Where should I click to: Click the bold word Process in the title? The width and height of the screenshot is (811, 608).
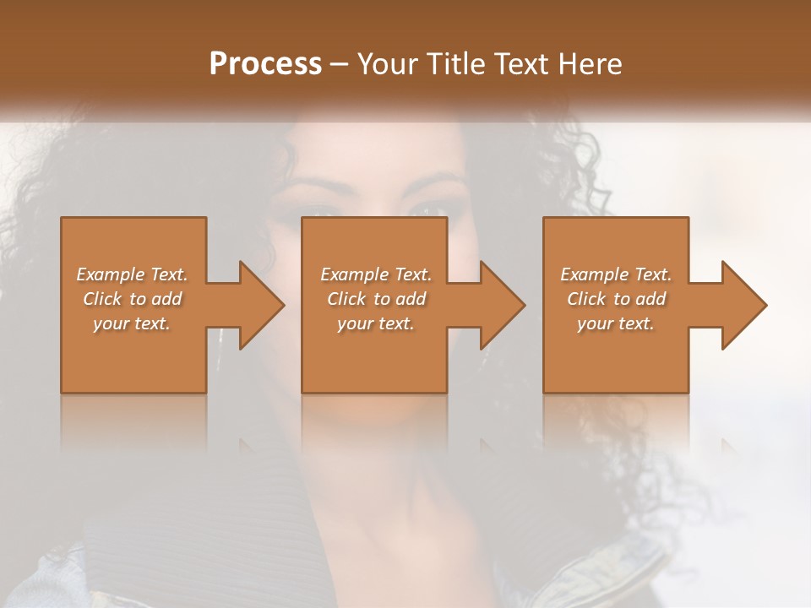click(265, 64)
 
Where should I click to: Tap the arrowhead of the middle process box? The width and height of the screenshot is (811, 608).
click(503, 305)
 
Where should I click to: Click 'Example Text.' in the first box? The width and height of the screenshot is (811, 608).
click(132, 274)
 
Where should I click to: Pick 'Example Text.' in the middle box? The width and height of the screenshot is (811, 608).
click(376, 274)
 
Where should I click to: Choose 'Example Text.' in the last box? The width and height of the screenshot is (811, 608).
click(616, 274)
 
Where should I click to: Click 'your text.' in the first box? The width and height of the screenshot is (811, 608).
click(132, 323)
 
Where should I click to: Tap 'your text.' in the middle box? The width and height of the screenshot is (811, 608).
click(376, 323)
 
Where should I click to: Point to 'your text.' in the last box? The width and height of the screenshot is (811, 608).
click(616, 323)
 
